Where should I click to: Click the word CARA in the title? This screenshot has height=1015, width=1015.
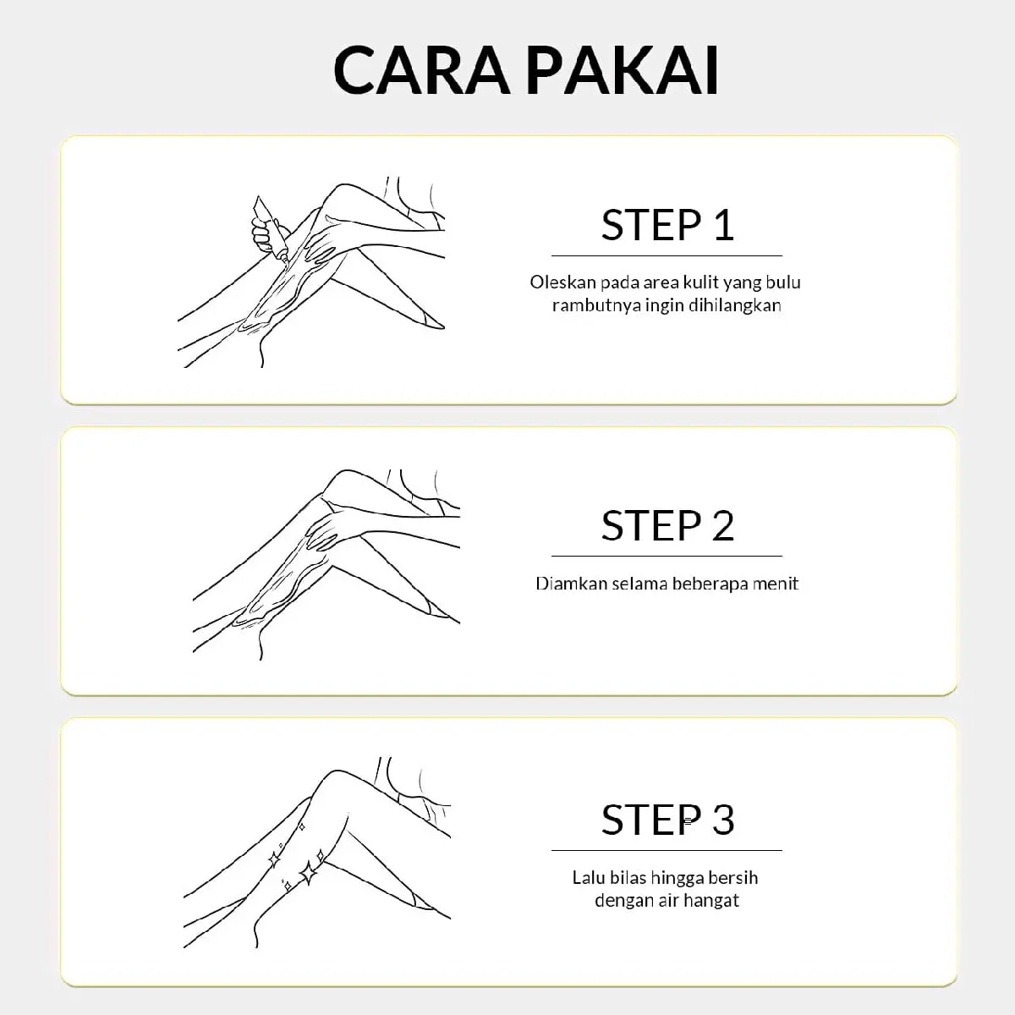click(x=422, y=69)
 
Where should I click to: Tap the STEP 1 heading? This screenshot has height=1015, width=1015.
click(x=667, y=225)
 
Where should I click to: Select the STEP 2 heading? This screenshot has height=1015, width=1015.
click(x=667, y=525)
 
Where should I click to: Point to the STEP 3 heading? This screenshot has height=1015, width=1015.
click(x=667, y=820)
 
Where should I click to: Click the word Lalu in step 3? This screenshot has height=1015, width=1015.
click(x=589, y=877)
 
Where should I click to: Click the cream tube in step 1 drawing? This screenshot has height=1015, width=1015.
click(x=272, y=229)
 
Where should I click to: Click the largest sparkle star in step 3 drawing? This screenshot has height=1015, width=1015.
click(x=309, y=873)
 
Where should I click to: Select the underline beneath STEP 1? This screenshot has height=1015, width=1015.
click(x=667, y=255)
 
